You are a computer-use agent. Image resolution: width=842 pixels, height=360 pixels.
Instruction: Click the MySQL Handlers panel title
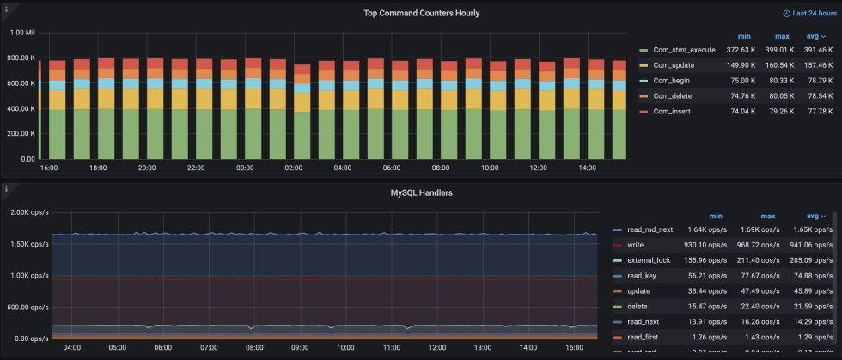420,192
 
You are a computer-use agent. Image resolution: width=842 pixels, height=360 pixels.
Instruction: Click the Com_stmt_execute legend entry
684,50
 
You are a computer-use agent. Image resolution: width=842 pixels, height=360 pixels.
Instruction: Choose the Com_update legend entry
673,65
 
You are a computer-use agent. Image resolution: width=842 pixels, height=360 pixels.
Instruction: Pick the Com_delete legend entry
672,96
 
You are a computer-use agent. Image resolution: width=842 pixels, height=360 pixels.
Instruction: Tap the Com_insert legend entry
671,112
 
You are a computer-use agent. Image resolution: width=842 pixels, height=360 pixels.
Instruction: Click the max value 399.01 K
779,50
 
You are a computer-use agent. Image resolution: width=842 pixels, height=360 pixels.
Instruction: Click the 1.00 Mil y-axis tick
22,33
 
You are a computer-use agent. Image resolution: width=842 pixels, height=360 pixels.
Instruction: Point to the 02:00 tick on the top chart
294,168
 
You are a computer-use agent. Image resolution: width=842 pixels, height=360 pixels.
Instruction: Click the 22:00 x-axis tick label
196,168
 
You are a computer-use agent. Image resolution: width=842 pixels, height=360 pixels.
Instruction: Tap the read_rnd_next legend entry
650,230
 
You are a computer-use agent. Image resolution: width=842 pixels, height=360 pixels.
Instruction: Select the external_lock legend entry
649,260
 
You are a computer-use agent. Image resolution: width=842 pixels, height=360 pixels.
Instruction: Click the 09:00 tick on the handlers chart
300,348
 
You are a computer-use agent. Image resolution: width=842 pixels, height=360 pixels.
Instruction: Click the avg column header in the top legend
812,36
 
